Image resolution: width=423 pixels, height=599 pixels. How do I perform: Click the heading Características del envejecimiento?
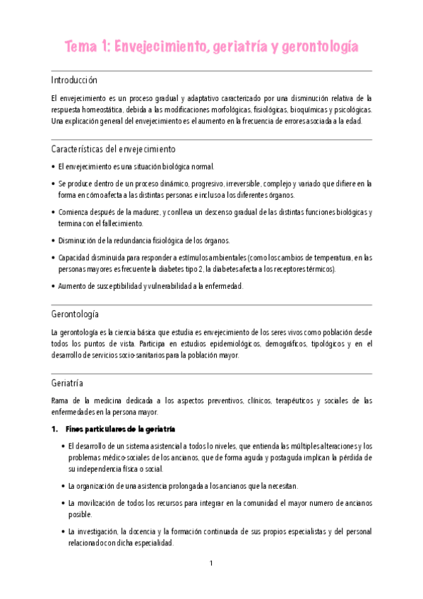[114, 149]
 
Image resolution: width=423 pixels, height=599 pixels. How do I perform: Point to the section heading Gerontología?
[75, 313]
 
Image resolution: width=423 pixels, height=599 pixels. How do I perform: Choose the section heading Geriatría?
[67, 384]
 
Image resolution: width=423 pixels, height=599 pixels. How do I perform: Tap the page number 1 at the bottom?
[211, 563]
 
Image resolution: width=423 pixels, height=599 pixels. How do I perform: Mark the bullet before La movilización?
[64, 503]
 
